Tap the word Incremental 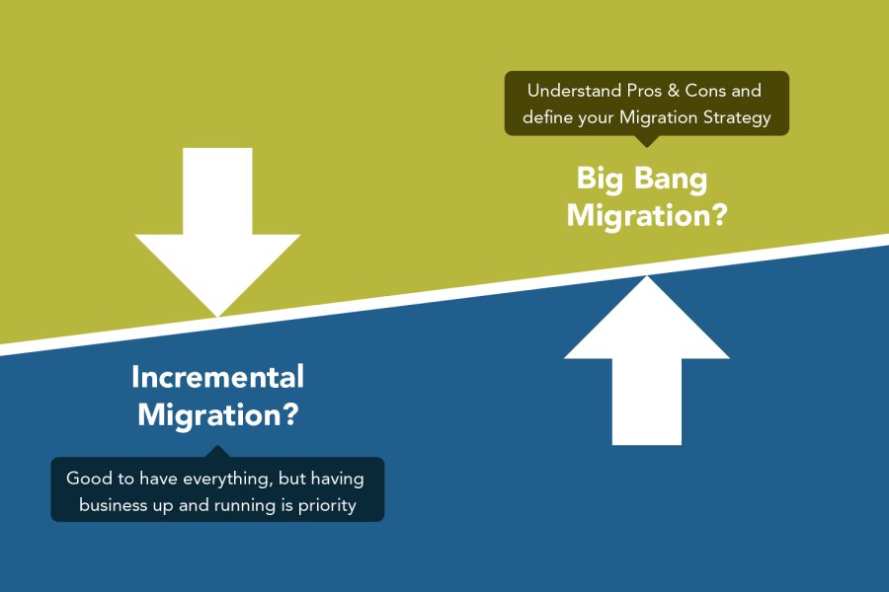[x=217, y=377]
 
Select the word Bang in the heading [x=673, y=179]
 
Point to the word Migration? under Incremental [x=217, y=414]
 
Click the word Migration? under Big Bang [x=647, y=214]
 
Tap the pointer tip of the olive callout [x=647, y=145]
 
